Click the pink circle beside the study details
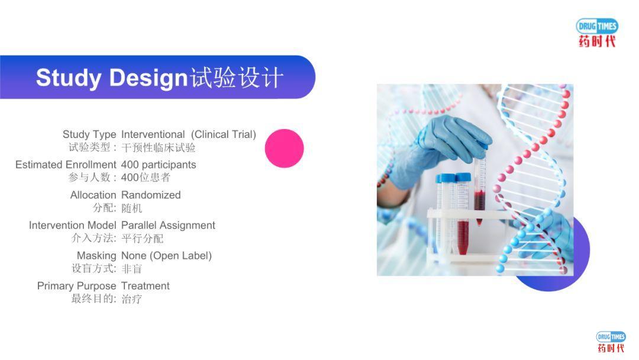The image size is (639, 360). coord(284,149)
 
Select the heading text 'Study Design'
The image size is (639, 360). coord(111,78)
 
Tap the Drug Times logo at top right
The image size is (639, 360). coord(597,33)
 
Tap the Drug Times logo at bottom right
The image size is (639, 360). coord(611,342)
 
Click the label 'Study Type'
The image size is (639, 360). coord(89,134)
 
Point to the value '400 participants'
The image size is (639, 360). coord(159,165)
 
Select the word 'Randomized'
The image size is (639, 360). coord(151,195)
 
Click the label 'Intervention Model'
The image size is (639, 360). coord(73,225)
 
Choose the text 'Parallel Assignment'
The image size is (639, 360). coord(168,225)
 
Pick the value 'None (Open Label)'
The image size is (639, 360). coord(166,255)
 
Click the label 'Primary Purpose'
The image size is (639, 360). coord(77,285)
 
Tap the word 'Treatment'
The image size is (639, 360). coord(146,285)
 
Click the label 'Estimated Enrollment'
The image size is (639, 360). coord(66,165)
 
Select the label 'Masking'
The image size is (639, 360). coord(96,255)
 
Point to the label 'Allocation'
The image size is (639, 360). coord(93,195)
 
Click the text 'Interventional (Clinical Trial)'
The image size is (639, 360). coord(189,134)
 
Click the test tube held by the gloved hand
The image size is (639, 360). coord(480,189)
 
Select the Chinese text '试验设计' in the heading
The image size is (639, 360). coord(237,78)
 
